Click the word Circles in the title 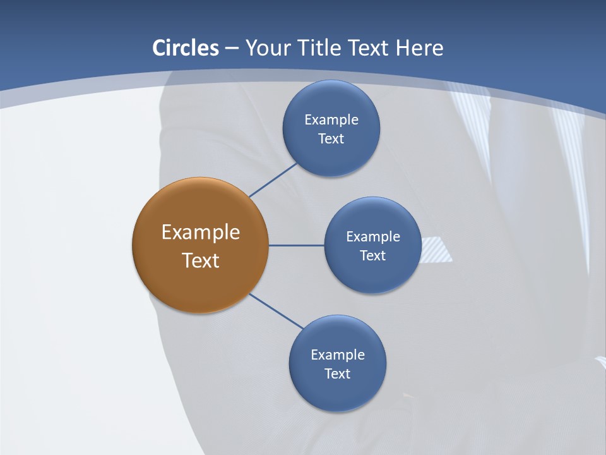pyautogui.click(x=185, y=48)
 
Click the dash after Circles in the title pyautogui.click(x=232, y=49)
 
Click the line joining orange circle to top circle pyautogui.click(x=273, y=180)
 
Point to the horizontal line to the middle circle pyautogui.click(x=296, y=245)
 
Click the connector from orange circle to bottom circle pyautogui.click(x=276, y=312)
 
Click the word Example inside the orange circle pyautogui.click(x=201, y=232)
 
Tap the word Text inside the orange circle pyautogui.click(x=201, y=260)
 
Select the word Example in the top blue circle pyautogui.click(x=331, y=119)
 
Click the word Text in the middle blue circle pyautogui.click(x=373, y=255)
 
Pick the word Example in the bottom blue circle pyautogui.click(x=338, y=355)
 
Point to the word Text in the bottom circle pyautogui.click(x=338, y=373)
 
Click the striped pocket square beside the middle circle pyautogui.click(x=436, y=250)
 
